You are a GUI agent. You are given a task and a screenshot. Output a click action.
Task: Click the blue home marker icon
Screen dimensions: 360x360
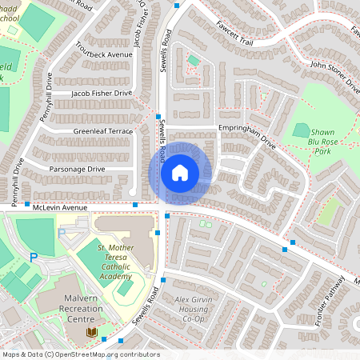[179, 173]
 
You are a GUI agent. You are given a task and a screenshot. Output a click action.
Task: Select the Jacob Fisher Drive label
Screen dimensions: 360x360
[101, 94]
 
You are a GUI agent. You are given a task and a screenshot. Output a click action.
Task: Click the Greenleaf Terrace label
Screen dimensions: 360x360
[102, 130]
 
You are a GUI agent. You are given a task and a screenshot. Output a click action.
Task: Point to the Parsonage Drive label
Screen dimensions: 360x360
[78, 169]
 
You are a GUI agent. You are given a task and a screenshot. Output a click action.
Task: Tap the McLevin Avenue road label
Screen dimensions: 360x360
[59, 206]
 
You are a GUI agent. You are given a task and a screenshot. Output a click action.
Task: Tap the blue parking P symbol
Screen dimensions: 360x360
[34, 257]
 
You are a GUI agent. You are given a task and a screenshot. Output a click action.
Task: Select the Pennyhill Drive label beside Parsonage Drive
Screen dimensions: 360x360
[18, 178]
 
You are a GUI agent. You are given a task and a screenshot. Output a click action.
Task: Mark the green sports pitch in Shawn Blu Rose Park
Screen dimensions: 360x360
[302, 130]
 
